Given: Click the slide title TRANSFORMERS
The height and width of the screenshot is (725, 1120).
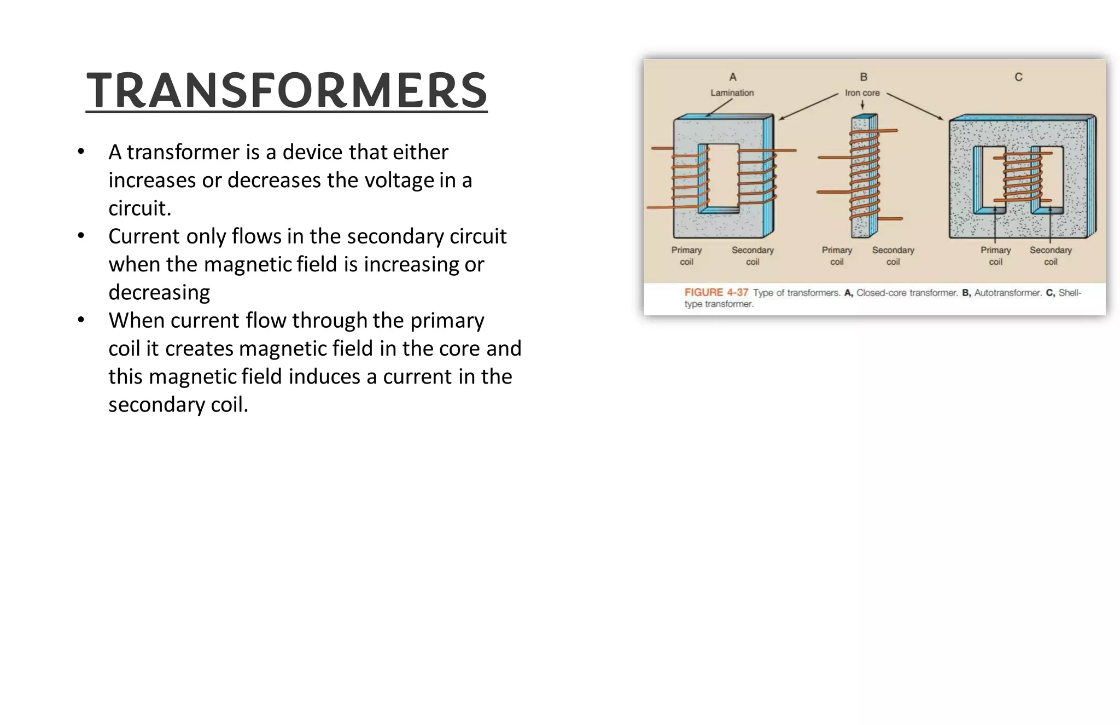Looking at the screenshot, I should point(286,90).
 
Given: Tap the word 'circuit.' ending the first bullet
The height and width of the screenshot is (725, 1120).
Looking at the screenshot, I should point(140,208).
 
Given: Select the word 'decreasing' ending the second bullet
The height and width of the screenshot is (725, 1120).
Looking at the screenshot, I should point(159,292).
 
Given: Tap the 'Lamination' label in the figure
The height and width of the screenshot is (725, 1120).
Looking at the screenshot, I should point(732,93).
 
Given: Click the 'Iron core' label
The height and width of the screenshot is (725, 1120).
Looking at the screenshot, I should point(862,93).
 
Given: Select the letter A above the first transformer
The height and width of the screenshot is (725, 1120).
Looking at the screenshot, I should point(733,77).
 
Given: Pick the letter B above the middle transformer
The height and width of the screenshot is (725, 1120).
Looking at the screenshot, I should point(864,77).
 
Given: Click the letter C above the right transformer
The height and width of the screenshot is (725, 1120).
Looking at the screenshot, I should point(1018,77).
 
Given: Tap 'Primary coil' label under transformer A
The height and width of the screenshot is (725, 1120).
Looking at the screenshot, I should point(686,256).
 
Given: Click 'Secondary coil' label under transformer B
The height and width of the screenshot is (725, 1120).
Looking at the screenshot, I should point(893,256).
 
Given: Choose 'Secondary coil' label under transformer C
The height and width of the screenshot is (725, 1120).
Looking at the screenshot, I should point(1051,256).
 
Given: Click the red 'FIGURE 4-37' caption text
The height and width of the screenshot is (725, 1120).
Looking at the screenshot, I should point(716,293).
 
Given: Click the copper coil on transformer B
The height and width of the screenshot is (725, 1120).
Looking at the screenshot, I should point(864,175).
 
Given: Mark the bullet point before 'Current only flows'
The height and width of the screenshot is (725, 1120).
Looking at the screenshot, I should point(81,236).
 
